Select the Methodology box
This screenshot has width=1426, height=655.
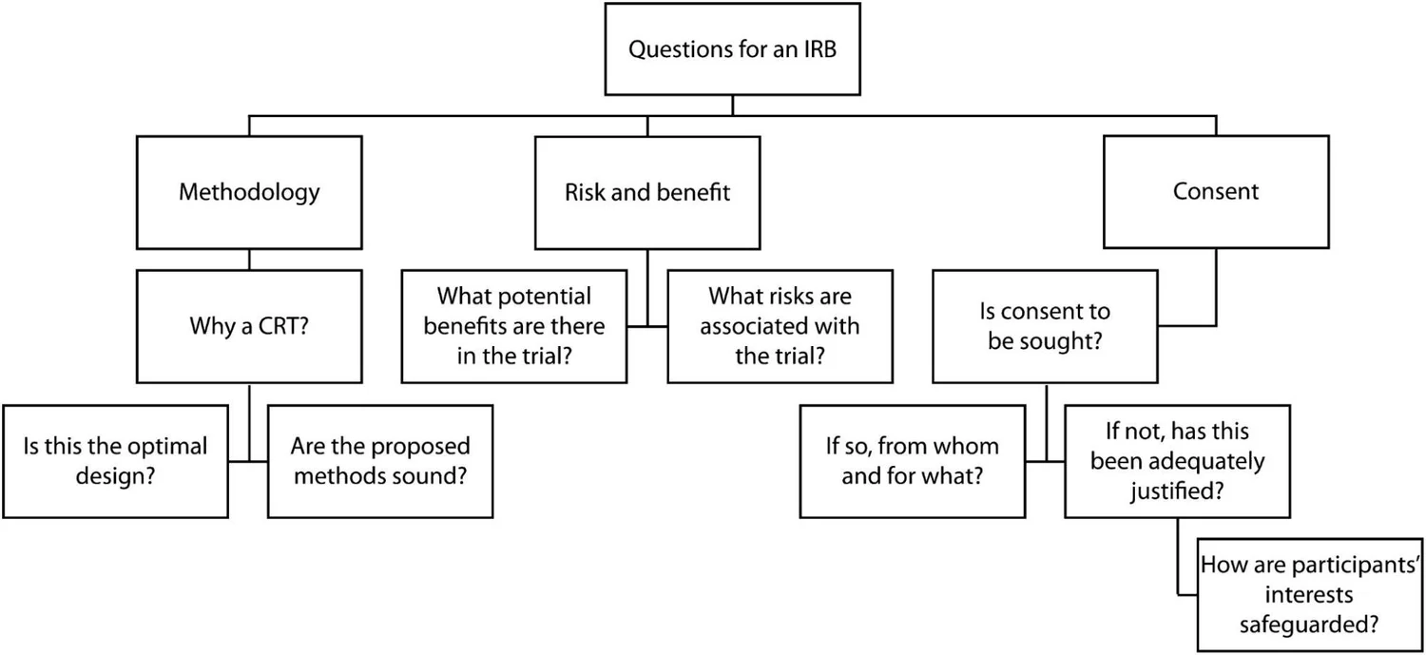pyautogui.click(x=249, y=192)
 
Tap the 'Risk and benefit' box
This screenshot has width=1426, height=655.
pyautogui.click(x=647, y=192)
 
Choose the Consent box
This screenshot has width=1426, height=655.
pyautogui.click(x=1215, y=192)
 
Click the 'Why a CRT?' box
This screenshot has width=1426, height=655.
pyautogui.click(x=249, y=326)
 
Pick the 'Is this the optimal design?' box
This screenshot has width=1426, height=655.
pyautogui.click(x=115, y=461)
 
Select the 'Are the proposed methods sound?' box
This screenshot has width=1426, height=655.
pyautogui.click(x=380, y=461)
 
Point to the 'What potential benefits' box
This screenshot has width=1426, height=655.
pyautogui.click(x=514, y=326)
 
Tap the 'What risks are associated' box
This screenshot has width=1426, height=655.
pyautogui.click(x=780, y=326)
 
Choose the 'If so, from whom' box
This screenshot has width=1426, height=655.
pyautogui.click(x=912, y=461)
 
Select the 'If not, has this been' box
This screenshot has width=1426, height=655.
pyautogui.click(x=1177, y=461)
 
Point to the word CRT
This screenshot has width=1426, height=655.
pyautogui.click(x=276, y=326)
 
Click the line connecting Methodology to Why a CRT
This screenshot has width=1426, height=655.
pyautogui.click(x=249, y=260)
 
